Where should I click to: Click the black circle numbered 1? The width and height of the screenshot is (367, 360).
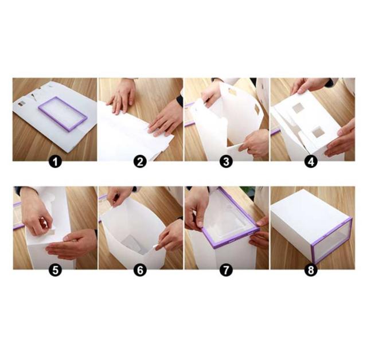55,162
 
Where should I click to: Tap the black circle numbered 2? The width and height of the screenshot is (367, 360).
140,162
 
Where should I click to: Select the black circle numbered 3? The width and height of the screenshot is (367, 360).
226,162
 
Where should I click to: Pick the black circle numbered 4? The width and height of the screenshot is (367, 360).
311,162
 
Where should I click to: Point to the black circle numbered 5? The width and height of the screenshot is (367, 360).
55,270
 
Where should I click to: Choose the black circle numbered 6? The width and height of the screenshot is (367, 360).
140,270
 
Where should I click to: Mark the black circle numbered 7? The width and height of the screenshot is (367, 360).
226,270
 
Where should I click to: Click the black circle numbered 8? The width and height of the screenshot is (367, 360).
311,270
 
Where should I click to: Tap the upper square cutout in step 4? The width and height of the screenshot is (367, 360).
298,108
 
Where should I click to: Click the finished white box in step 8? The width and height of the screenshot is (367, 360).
311,226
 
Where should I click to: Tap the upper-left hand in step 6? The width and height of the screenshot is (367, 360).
119,196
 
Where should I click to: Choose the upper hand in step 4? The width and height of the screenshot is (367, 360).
309,85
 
